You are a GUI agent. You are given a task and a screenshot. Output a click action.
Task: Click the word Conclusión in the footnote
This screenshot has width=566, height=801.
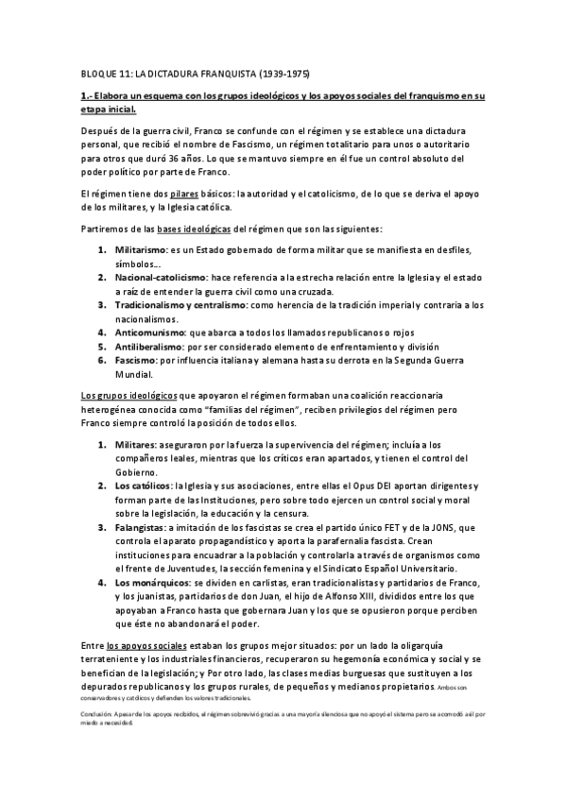pos(97,714)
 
